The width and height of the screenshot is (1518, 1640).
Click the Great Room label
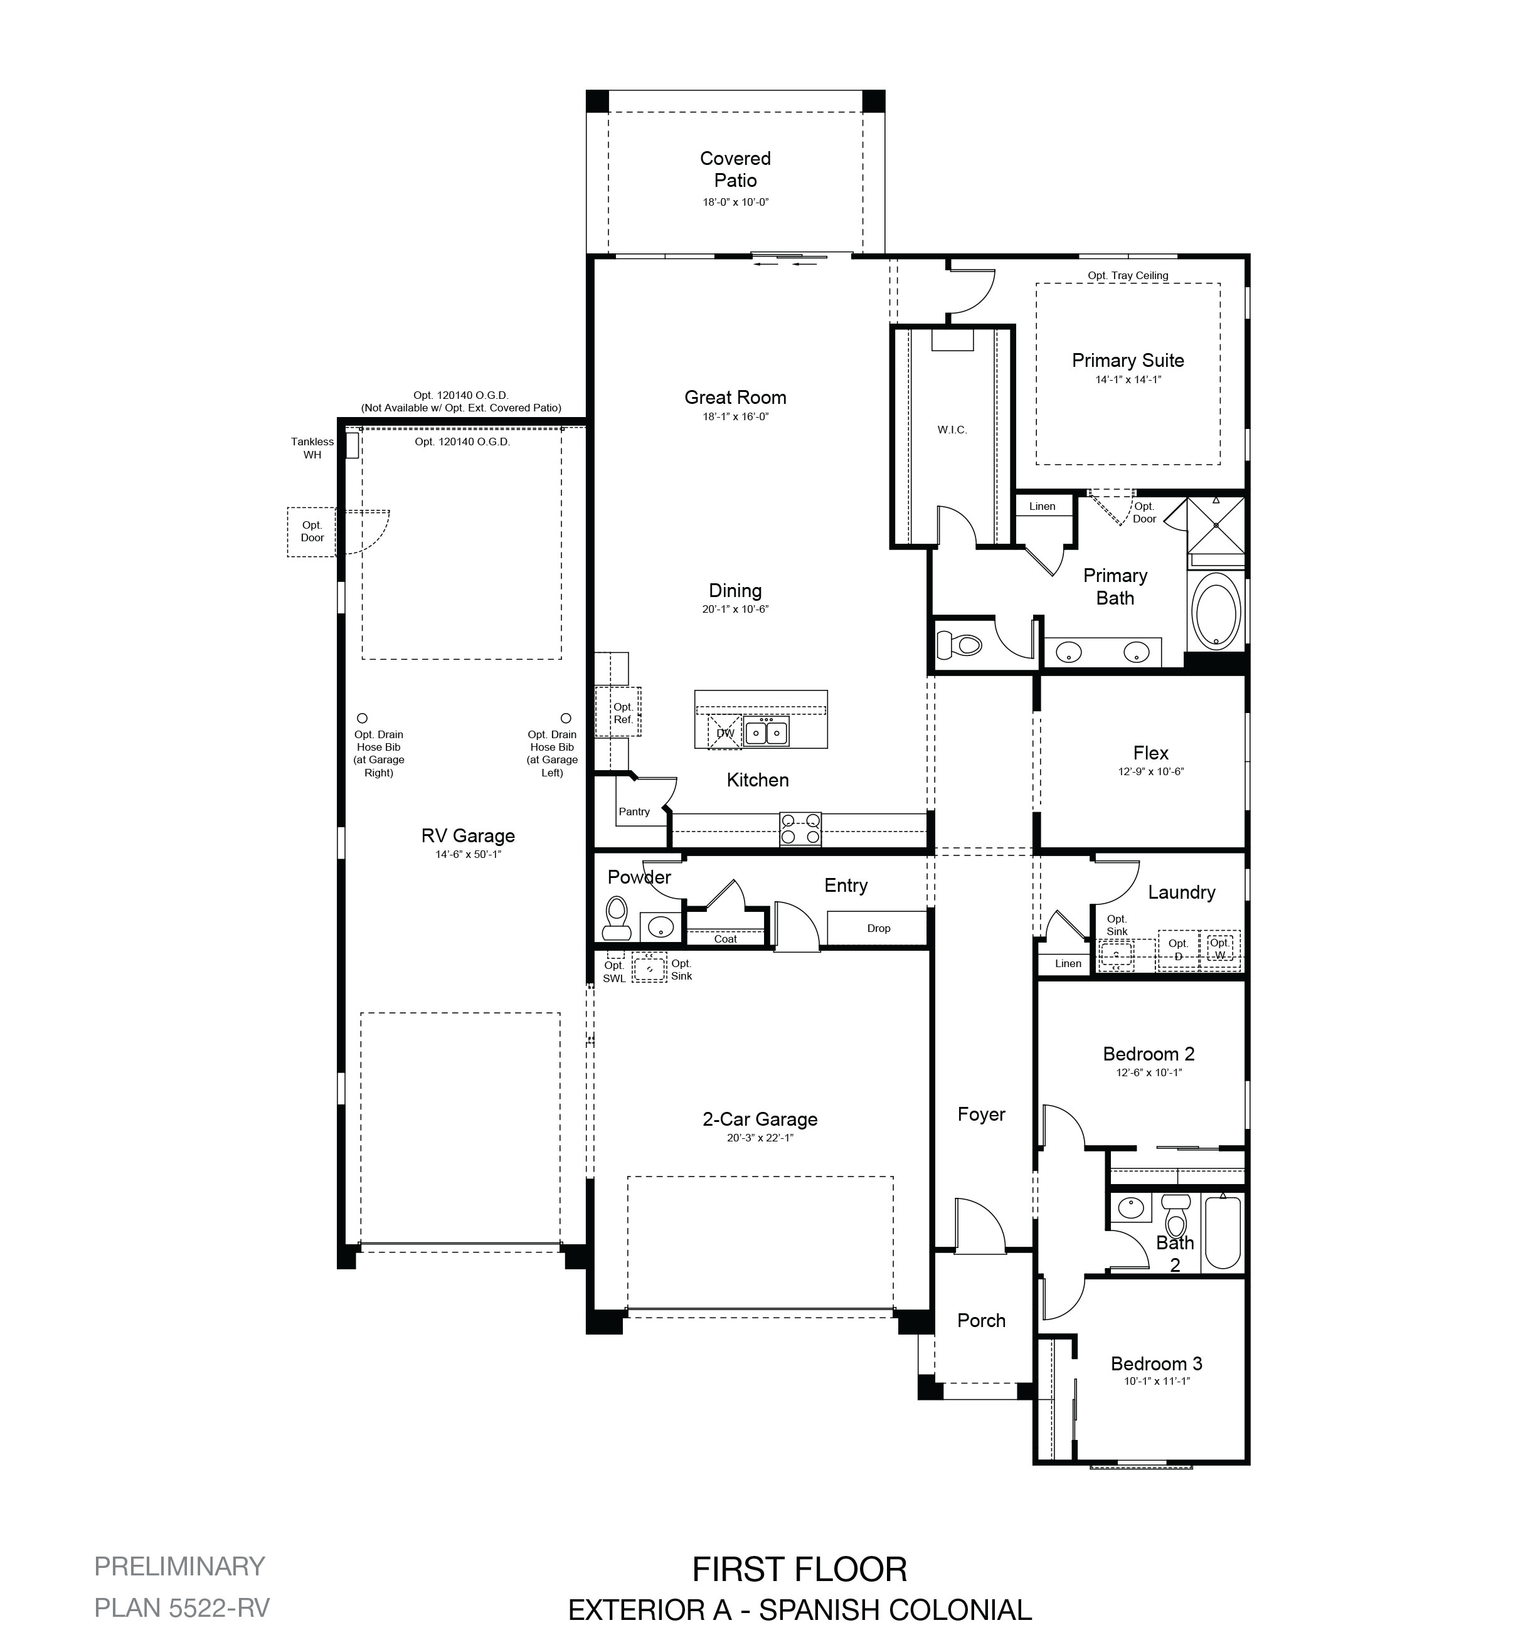point(735,398)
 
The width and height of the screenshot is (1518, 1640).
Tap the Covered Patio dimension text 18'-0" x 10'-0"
point(735,202)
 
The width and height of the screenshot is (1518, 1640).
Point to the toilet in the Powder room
point(616,918)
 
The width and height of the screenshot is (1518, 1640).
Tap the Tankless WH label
point(312,448)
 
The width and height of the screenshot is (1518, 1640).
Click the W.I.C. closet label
point(952,430)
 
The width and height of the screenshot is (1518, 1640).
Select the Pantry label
point(634,812)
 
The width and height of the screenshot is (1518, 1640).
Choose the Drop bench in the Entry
point(878,928)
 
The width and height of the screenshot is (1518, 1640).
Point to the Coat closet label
point(725,939)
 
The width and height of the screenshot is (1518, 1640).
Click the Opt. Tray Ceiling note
point(1128,276)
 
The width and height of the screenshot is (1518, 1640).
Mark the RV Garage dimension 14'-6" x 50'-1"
point(468,854)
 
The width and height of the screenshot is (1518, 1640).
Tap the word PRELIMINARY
point(180,1566)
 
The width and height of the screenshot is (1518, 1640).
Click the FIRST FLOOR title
point(799,1569)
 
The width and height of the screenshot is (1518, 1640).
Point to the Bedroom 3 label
point(1157,1364)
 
